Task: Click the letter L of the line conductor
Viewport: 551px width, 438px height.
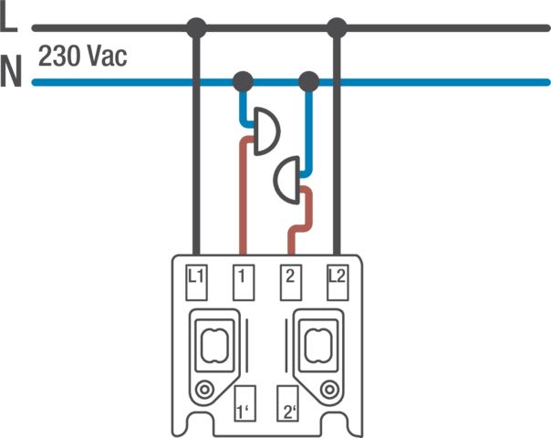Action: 9,20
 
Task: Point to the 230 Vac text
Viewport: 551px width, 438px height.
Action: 83,57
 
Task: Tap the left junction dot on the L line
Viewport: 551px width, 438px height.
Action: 194,28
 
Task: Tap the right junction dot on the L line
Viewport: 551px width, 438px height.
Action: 337,28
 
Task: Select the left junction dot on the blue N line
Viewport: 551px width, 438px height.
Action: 243,82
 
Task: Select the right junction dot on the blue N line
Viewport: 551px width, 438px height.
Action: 308,82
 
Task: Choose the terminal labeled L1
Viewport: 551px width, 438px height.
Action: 196,282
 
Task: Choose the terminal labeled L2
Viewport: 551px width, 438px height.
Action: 336,282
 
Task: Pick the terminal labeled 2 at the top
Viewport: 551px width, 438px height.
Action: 289,282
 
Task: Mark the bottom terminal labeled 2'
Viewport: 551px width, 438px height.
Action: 290,403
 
